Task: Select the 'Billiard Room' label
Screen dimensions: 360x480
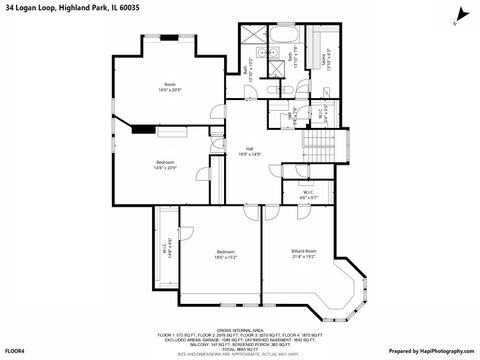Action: tap(304, 252)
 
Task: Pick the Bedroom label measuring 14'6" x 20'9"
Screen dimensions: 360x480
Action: tap(166, 164)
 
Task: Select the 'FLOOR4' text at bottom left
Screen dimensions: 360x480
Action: tap(15, 352)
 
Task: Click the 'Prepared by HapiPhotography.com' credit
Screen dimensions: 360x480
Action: tap(432, 352)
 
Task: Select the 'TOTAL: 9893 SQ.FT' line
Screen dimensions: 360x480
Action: tap(240, 347)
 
